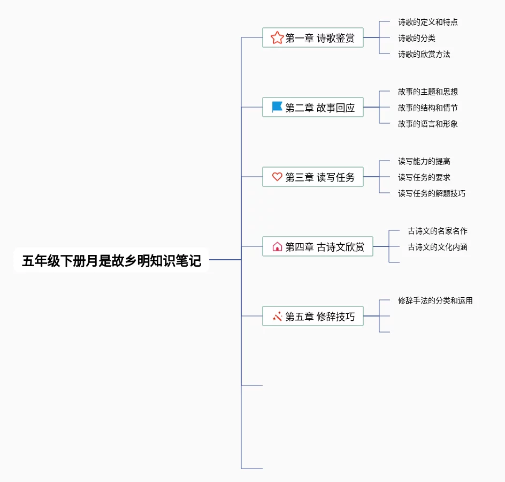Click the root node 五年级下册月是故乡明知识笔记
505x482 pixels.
pos(111,260)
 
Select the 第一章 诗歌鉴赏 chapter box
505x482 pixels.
pos(313,38)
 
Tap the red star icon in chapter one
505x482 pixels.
pos(277,38)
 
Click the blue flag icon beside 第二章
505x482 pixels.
pos(277,107)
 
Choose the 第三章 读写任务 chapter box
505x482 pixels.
pos(313,177)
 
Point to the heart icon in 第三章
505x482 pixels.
pos(277,177)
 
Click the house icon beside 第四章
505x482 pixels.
pos(277,246)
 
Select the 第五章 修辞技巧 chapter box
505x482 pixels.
pos(313,316)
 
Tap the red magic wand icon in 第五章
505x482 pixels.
pos(277,316)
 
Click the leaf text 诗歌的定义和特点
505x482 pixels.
pos(427,22)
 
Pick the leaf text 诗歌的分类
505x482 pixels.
pos(416,38)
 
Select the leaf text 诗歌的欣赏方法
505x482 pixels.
pos(424,54)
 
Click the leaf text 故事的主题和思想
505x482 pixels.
pos(427,92)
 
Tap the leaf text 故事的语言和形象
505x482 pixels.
pos(427,124)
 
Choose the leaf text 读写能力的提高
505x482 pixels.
pos(424,161)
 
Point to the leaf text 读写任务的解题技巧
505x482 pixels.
pos(431,193)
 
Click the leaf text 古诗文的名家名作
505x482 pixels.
pos(437,231)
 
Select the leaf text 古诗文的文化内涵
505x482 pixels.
pos(437,247)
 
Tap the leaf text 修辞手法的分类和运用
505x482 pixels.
pos(435,300)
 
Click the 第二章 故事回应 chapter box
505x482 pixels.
pos(313,107)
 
